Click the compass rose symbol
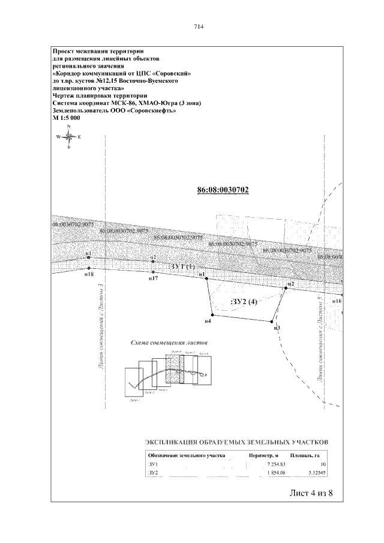point(69,137)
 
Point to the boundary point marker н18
point(89,268)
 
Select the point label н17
point(154,279)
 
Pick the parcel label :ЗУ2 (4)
point(244,302)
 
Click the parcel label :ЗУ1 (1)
point(182,266)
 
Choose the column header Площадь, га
point(308,455)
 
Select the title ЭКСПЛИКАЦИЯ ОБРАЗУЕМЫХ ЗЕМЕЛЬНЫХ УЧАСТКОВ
point(238,443)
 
